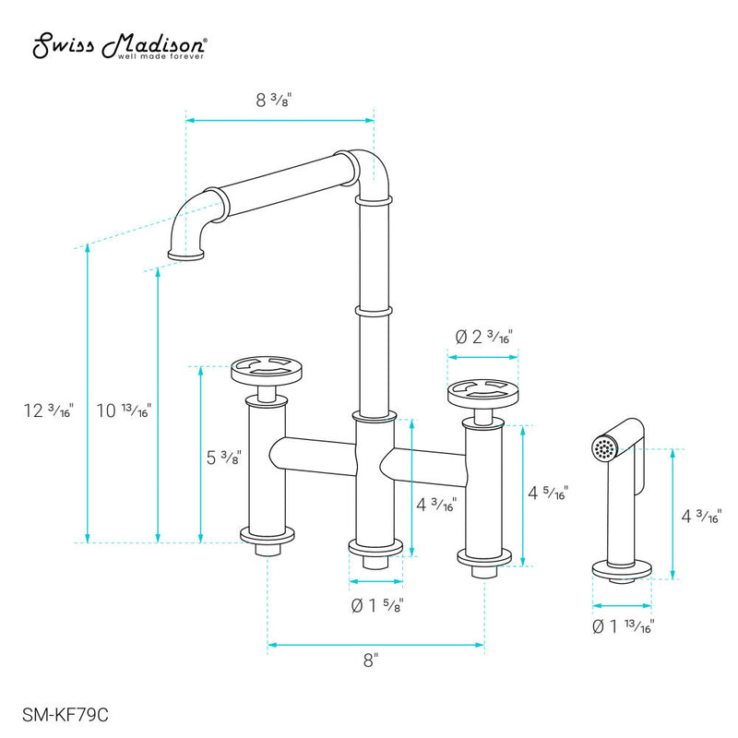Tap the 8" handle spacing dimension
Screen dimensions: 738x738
371,660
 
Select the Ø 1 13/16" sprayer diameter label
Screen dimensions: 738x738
623,627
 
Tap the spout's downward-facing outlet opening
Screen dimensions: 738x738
185,254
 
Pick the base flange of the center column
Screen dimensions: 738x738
376,551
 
